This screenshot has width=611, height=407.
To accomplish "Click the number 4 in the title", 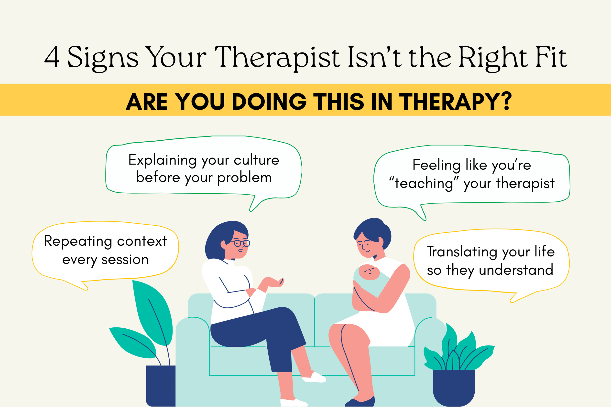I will pos(52,57).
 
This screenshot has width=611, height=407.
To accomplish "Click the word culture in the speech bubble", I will pos(256,160).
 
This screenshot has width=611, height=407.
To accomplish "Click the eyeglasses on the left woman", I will pos(241,243).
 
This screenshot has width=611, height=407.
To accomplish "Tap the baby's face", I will pos(369,272).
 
